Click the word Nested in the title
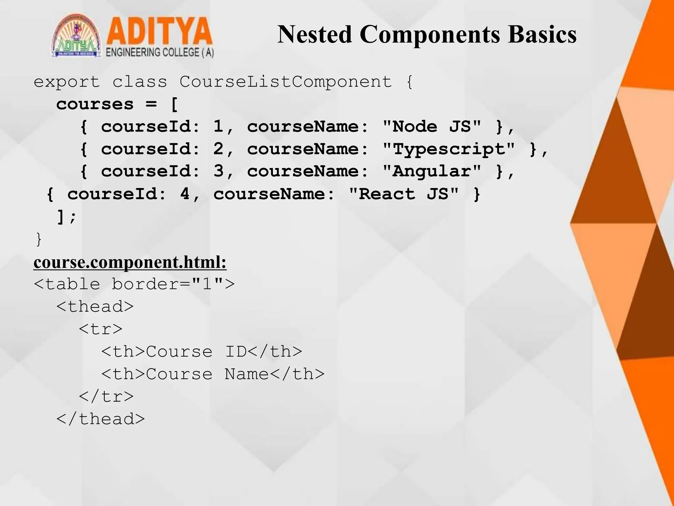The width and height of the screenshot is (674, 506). (315, 34)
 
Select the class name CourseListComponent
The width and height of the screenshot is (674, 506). (286, 82)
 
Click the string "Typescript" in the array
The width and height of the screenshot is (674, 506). (449, 149)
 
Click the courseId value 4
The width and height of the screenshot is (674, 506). (185, 194)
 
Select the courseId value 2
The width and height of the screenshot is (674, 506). (219, 149)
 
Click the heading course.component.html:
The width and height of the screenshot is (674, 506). (130, 262)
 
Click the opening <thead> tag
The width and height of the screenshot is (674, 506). (95, 306)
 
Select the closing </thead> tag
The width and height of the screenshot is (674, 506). (101, 419)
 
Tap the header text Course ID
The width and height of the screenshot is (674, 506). (196, 351)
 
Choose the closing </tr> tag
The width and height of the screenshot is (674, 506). (106, 396)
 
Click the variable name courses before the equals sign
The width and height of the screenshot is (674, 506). (95, 104)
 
